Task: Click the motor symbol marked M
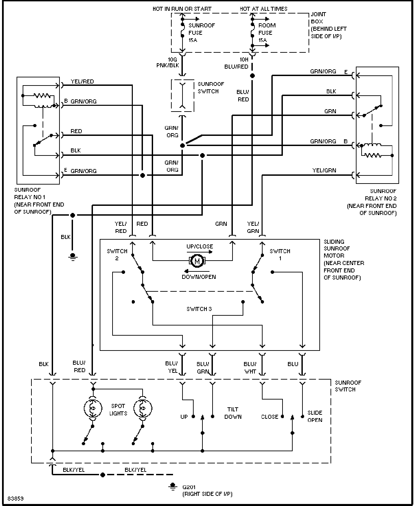coord(197,261)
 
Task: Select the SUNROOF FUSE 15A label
coord(201,33)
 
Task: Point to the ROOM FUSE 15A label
coord(267,33)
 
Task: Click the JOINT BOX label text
coord(318,18)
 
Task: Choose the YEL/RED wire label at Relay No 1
coord(82,81)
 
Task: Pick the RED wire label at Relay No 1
coord(76,131)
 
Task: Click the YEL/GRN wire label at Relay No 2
coord(324,170)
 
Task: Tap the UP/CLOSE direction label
coord(200,246)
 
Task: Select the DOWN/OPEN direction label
coord(199,277)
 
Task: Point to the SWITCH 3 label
coord(199,309)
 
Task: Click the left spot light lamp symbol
coord(93,408)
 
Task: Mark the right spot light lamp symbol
coord(143,408)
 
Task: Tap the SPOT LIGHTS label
coord(118,410)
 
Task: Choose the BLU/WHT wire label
coord(250,368)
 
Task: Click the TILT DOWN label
coord(233,413)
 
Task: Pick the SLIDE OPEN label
coord(315,416)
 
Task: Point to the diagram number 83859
coord(16,499)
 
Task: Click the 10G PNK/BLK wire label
coord(168,63)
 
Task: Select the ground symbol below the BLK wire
coord(73,257)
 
